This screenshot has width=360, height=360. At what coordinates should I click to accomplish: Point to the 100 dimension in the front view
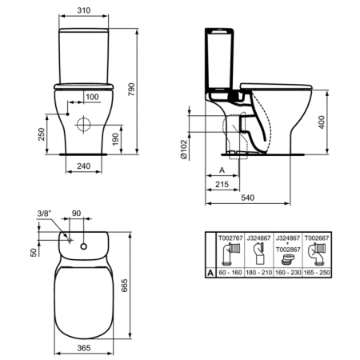click(x=92, y=97)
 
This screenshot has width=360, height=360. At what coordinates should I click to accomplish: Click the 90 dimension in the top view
click(x=77, y=213)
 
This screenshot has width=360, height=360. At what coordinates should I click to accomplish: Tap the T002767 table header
click(x=230, y=237)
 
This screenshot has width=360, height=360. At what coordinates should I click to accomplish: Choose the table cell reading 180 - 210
click(x=259, y=272)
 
